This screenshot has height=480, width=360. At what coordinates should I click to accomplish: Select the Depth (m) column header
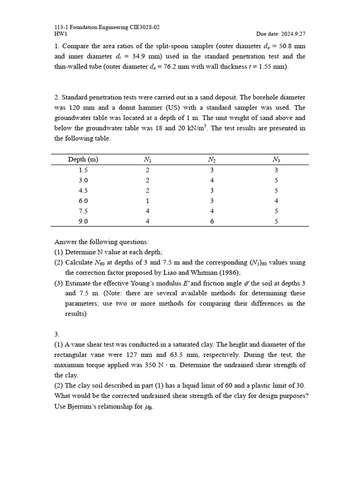83,160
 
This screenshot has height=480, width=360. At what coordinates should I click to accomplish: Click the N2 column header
211,160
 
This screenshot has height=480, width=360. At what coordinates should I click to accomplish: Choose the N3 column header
276,160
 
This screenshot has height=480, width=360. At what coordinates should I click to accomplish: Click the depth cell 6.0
83,201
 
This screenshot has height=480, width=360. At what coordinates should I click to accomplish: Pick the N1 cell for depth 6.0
147,201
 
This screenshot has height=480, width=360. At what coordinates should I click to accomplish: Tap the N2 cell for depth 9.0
211,221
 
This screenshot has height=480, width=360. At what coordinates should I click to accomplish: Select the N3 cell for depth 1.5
276,170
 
